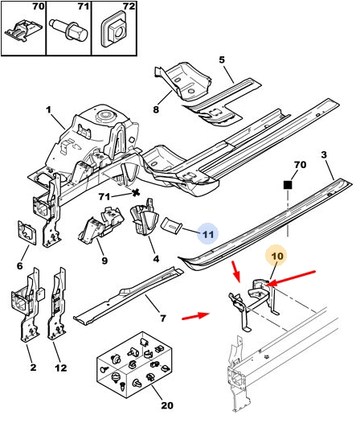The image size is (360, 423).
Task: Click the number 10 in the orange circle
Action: [277, 256]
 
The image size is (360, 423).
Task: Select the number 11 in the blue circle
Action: [208, 234]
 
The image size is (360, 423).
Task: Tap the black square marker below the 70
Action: [288, 185]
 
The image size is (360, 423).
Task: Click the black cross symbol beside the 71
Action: [136, 192]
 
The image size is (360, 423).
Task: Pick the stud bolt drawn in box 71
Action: [69, 31]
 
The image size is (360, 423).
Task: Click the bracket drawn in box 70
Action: [23, 31]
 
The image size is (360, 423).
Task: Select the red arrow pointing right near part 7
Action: [195, 315]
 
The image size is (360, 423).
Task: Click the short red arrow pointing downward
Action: [236, 271]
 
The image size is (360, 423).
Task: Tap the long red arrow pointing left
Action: [292, 277]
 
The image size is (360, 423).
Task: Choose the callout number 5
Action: [222, 60]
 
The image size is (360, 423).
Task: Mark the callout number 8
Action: [156, 109]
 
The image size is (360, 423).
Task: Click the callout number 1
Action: [48, 110]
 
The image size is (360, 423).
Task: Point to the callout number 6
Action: [19, 265]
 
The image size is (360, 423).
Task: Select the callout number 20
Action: [167, 405]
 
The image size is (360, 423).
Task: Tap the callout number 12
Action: [60, 368]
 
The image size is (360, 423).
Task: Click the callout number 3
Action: [324, 155]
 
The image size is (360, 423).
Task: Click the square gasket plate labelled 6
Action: [27, 232]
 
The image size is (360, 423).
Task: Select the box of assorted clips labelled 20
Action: [134, 365]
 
